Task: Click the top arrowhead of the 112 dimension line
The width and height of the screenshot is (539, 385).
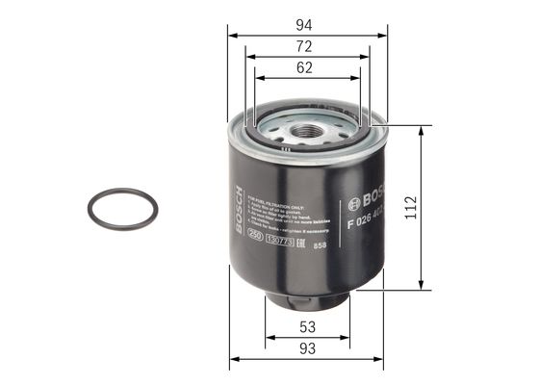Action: pos(421,128)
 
